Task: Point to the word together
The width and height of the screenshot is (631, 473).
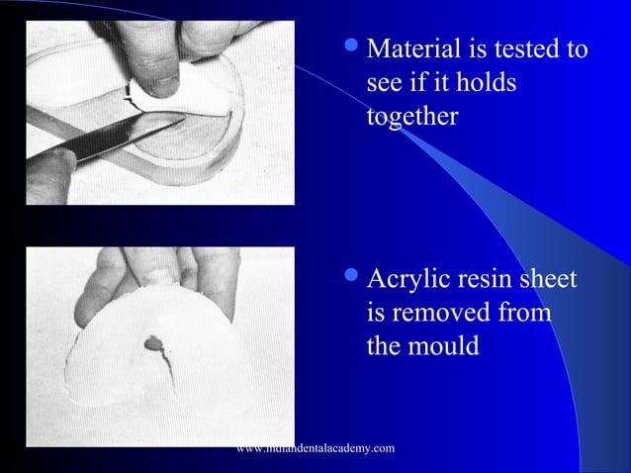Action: pyautogui.click(x=411, y=117)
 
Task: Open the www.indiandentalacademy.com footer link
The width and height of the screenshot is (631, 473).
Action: pyautogui.click(x=316, y=449)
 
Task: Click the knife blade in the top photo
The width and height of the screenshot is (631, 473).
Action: pyautogui.click(x=119, y=139)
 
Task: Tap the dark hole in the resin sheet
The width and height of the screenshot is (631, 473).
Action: pyautogui.click(x=154, y=343)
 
